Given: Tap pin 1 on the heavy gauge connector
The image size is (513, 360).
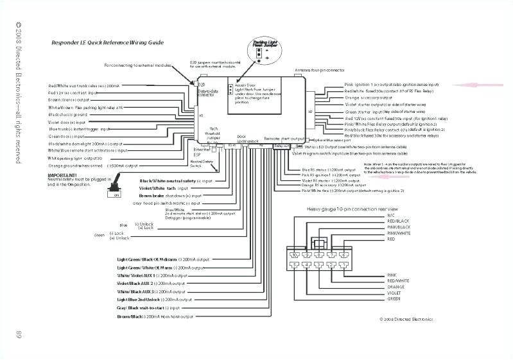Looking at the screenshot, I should tap(344, 264).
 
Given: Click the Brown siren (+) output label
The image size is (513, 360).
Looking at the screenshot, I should tap(69, 100).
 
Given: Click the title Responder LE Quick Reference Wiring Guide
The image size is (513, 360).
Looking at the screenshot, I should tap(107, 43).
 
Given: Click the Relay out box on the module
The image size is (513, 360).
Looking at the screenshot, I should tap(282, 146).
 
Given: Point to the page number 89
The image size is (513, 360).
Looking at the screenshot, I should tap(19, 336).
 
